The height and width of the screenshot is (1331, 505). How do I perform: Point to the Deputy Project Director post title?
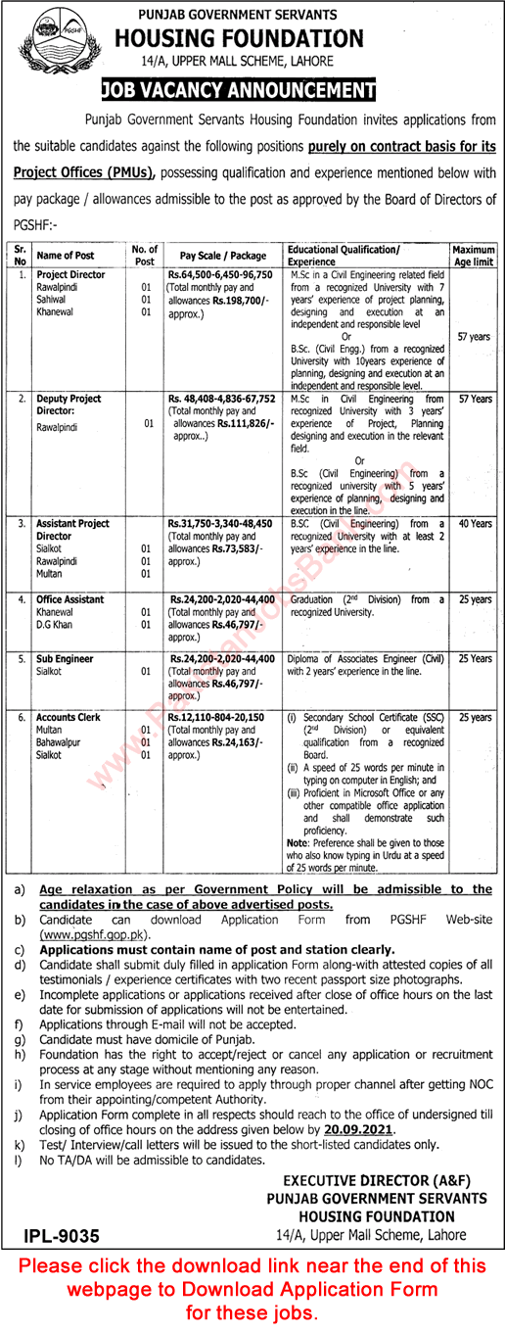coord(69,404)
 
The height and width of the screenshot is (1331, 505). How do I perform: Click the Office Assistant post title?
coord(70,598)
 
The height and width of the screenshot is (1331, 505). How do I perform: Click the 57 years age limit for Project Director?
coord(474,337)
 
